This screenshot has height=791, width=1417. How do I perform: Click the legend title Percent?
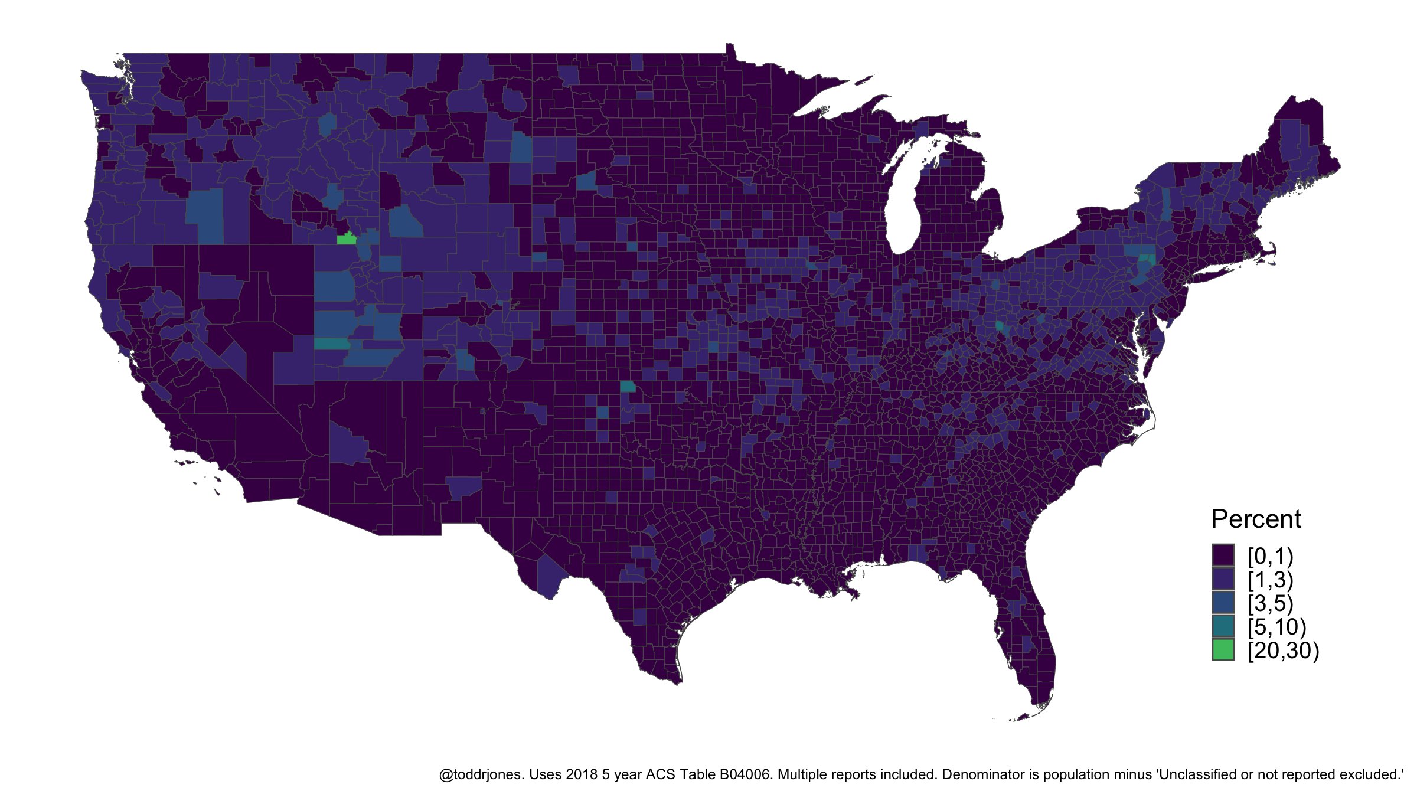1256,519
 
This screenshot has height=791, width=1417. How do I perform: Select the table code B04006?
745,774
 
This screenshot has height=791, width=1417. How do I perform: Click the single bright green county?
346,238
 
